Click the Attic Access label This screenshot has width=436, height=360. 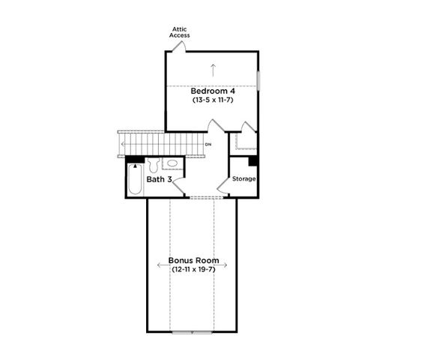179,31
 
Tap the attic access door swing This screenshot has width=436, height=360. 178,46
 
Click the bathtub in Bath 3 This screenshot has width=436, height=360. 135,181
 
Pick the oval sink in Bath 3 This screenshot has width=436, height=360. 172,163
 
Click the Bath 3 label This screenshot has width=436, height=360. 160,180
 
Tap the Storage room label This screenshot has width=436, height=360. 244,179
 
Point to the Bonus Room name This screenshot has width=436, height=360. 193,260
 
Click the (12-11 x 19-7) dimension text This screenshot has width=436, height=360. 193,269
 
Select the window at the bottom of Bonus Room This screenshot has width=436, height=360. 193,331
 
